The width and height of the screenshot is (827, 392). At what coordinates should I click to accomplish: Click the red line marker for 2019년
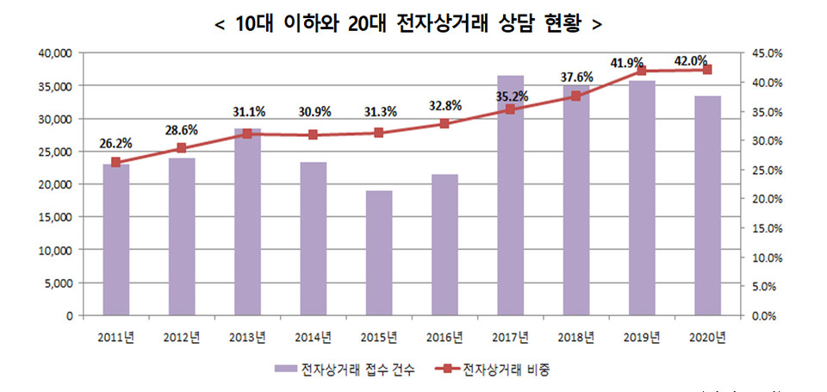642,71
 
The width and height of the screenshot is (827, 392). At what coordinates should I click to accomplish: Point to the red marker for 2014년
313,135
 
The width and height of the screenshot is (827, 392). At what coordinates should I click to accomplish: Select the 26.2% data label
115,144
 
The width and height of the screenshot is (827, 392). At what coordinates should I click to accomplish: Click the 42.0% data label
693,61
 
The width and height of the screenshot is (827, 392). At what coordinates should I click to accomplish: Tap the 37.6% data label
575,78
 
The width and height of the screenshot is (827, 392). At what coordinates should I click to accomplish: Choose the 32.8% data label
445,106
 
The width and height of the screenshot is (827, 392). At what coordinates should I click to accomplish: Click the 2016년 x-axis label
445,336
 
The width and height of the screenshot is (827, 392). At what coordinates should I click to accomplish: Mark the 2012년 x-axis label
182,336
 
